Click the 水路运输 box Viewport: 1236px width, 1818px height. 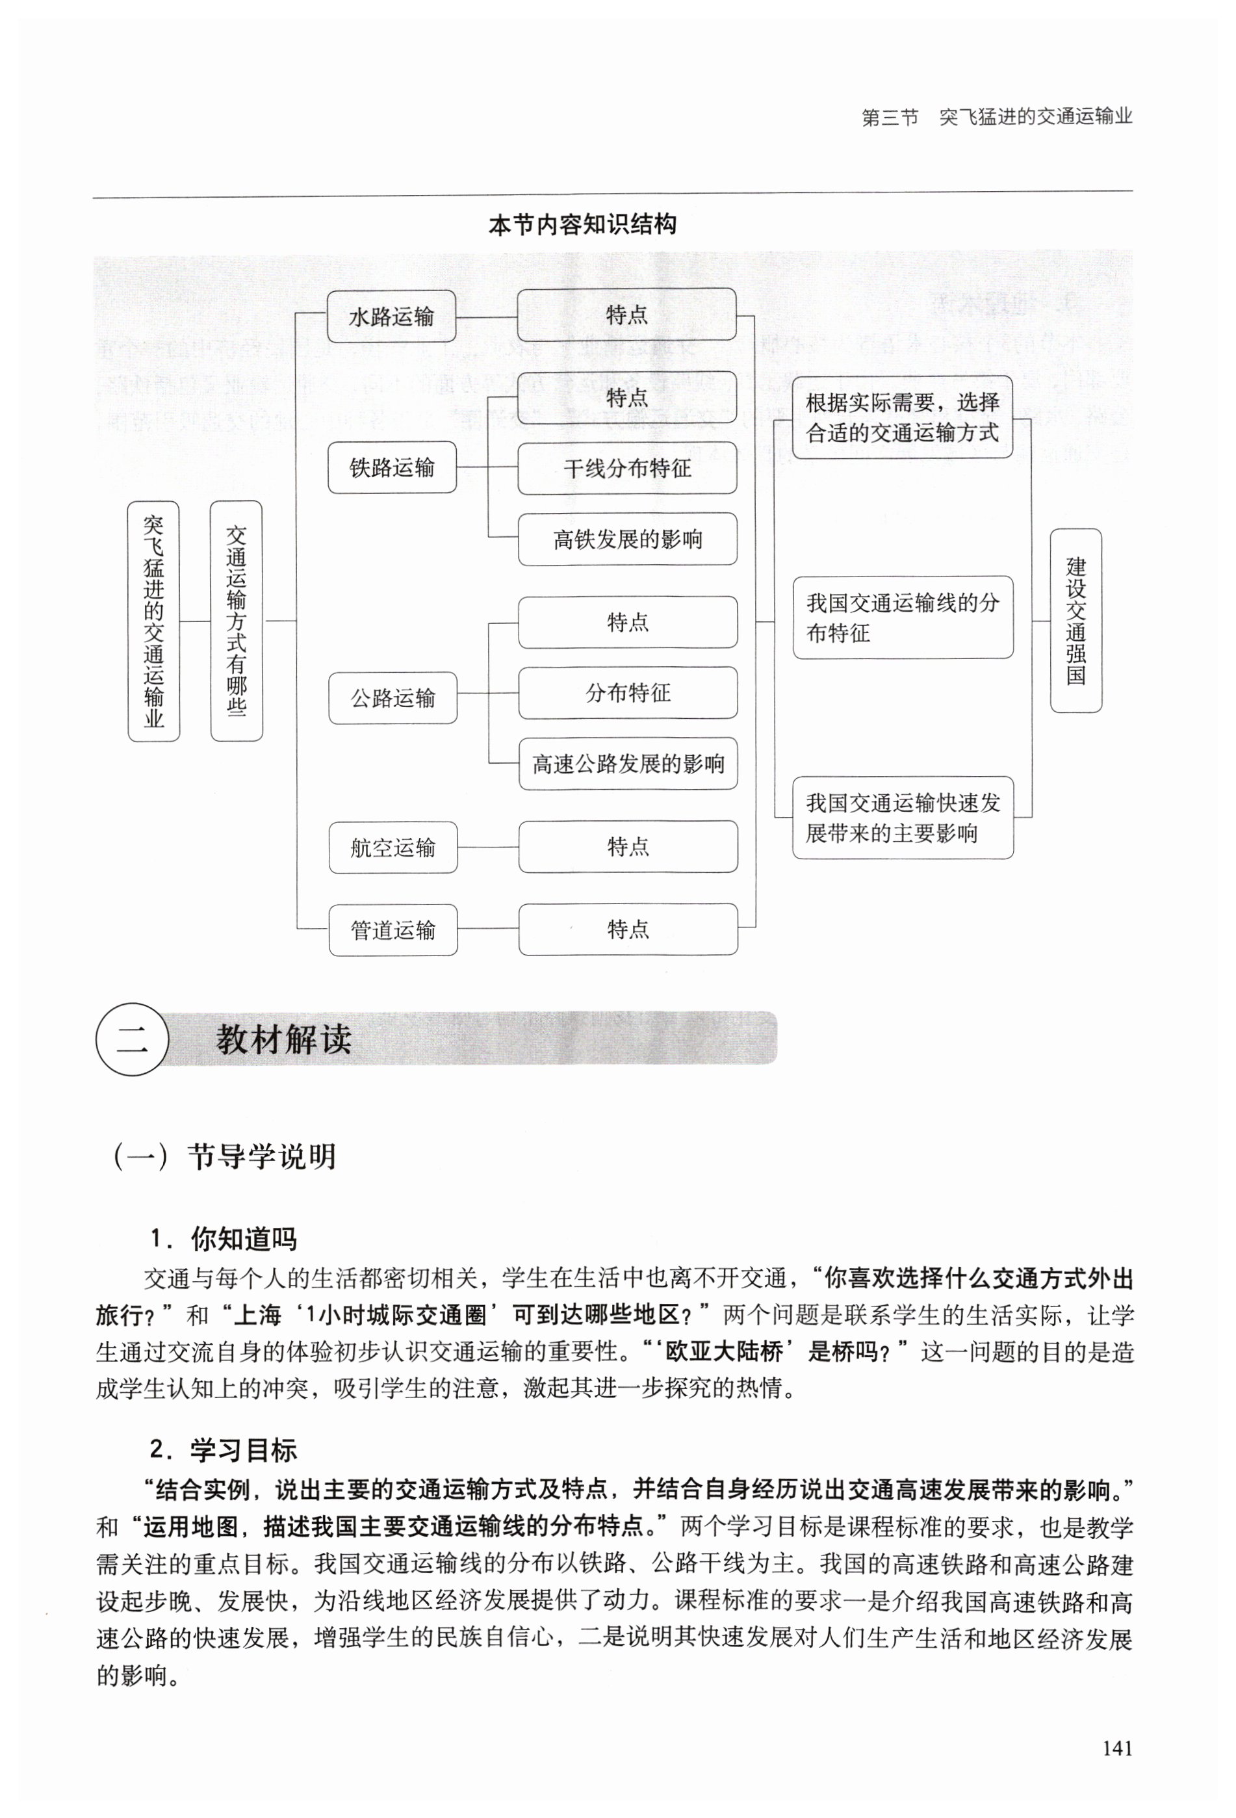pyautogui.click(x=391, y=316)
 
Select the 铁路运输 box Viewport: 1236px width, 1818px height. pyautogui.click(x=391, y=467)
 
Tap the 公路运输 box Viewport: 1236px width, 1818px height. pyautogui.click(x=392, y=697)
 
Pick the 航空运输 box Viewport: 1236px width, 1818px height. pyautogui.click(x=392, y=846)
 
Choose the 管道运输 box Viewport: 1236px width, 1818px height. pyautogui.click(x=392, y=929)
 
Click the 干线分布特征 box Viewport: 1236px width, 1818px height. pyautogui.click(x=626, y=468)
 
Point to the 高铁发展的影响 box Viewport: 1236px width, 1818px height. pyautogui.click(x=626, y=539)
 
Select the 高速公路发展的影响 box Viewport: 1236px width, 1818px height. pyautogui.click(x=627, y=764)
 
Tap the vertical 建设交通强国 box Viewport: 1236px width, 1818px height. pyautogui.click(x=1075, y=620)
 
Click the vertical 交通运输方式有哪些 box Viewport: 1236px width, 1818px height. pyautogui.click(x=237, y=620)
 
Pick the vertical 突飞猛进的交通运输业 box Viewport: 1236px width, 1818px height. pyautogui.click(x=153, y=620)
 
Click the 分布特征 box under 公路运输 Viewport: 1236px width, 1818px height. pyautogui.click(x=627, y=692)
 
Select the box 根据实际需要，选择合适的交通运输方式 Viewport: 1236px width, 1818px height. pyautogui.click(x=902, y=417)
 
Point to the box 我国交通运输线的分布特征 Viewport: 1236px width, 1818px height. pyautogui.click(x=902, y=617)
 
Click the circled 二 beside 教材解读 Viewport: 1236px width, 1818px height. pyautogui.click(x=131, y=1039)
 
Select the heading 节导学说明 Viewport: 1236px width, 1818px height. pyautogui.click(x=261, y=1156)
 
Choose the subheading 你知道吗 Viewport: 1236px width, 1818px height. pyautogui.click(x=242, y=1239)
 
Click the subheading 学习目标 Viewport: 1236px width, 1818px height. pyautogui.click(x=242, y=1449)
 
